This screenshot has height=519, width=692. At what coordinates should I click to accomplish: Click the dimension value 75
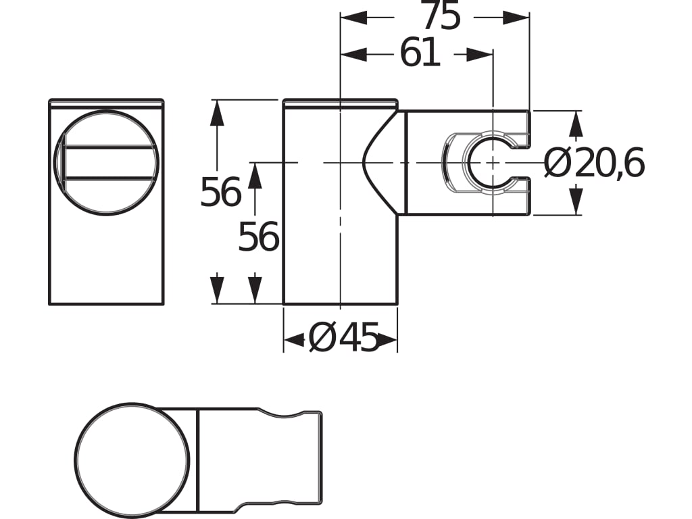pyautogui.click(x=440, y=17)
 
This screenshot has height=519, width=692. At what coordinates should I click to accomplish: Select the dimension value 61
pyautogui.click(x=420, y=54)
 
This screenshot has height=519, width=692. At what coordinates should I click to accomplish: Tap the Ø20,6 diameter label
pyautogui.click(x=595, y=164)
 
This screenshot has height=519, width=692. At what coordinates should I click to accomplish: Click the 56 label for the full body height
pyautogui.click(x=220, y=193)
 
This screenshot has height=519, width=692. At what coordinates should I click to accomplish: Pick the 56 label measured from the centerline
pyautogui.click(x=258, y=237)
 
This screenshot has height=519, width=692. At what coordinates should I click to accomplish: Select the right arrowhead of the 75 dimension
pyautogui.click(x=516, y=18)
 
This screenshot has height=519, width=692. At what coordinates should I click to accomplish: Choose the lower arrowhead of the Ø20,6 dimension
pyautogui.click(x=576, y=201)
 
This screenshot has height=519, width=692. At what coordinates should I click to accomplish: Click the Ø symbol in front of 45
pyautogui.click(x=322, y=339)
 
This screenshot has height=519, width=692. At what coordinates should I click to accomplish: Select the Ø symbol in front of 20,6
pyautogui.click(x=558, y=164)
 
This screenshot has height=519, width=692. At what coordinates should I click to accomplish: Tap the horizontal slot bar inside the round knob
pyautogui.click(x=108, y=162)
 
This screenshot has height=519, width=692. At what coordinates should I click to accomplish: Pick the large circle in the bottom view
pyautogui.click(x=132, y=460)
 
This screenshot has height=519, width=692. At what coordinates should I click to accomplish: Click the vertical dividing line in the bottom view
pyautogui.click(x=197, y=460)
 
